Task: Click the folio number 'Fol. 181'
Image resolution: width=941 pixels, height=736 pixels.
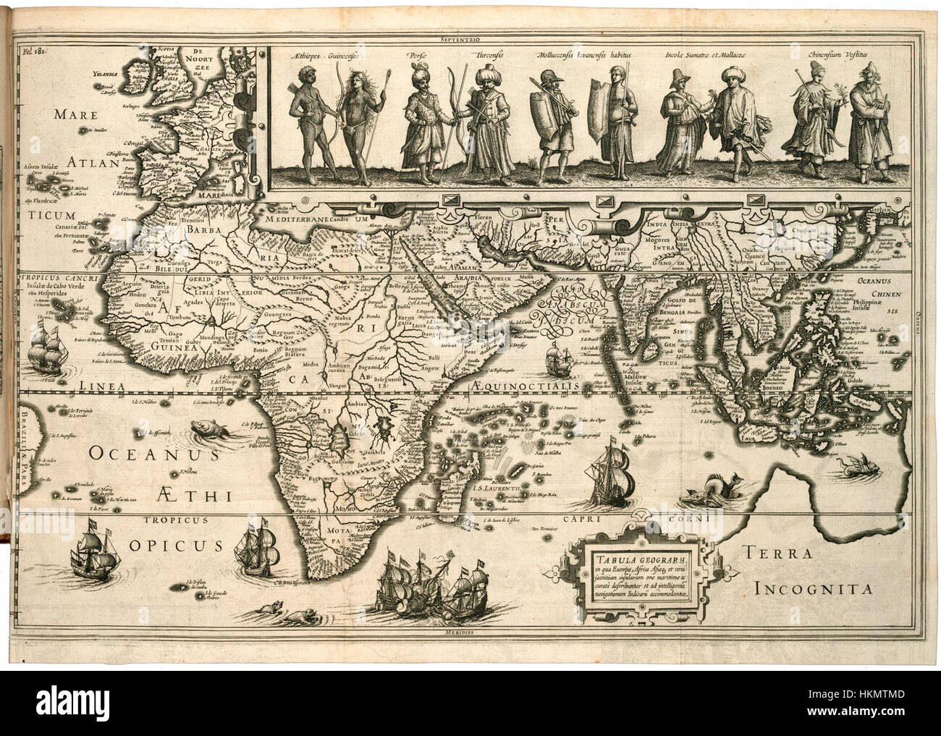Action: click(x=34, y=51)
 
